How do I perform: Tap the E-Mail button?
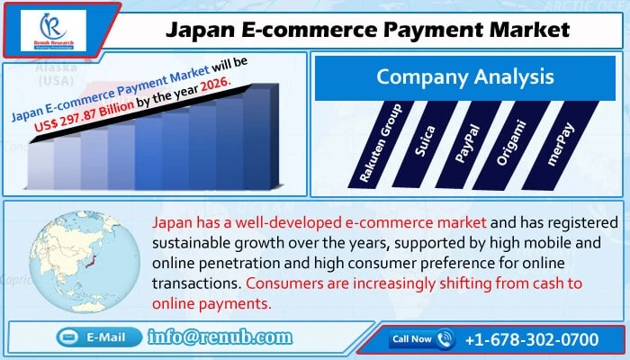pos(97,337)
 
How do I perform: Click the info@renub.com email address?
pos(221,337)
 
